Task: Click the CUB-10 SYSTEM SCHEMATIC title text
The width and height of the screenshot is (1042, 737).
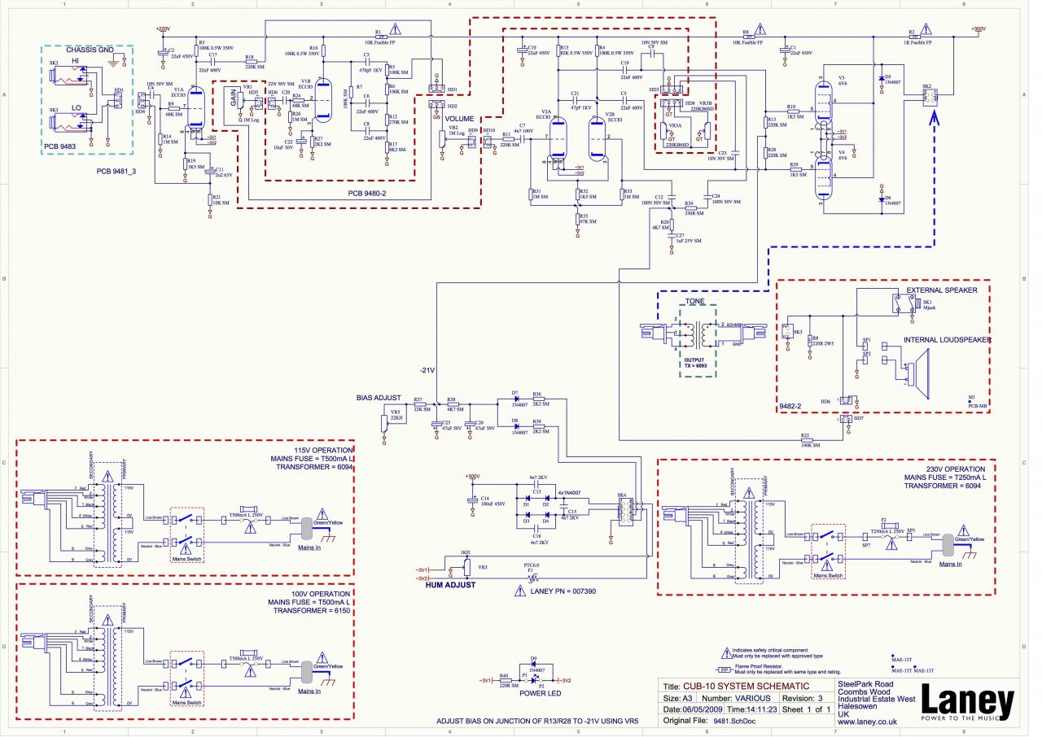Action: tap(746, 686)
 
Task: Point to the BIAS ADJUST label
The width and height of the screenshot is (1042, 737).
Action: tap(379, 398)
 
